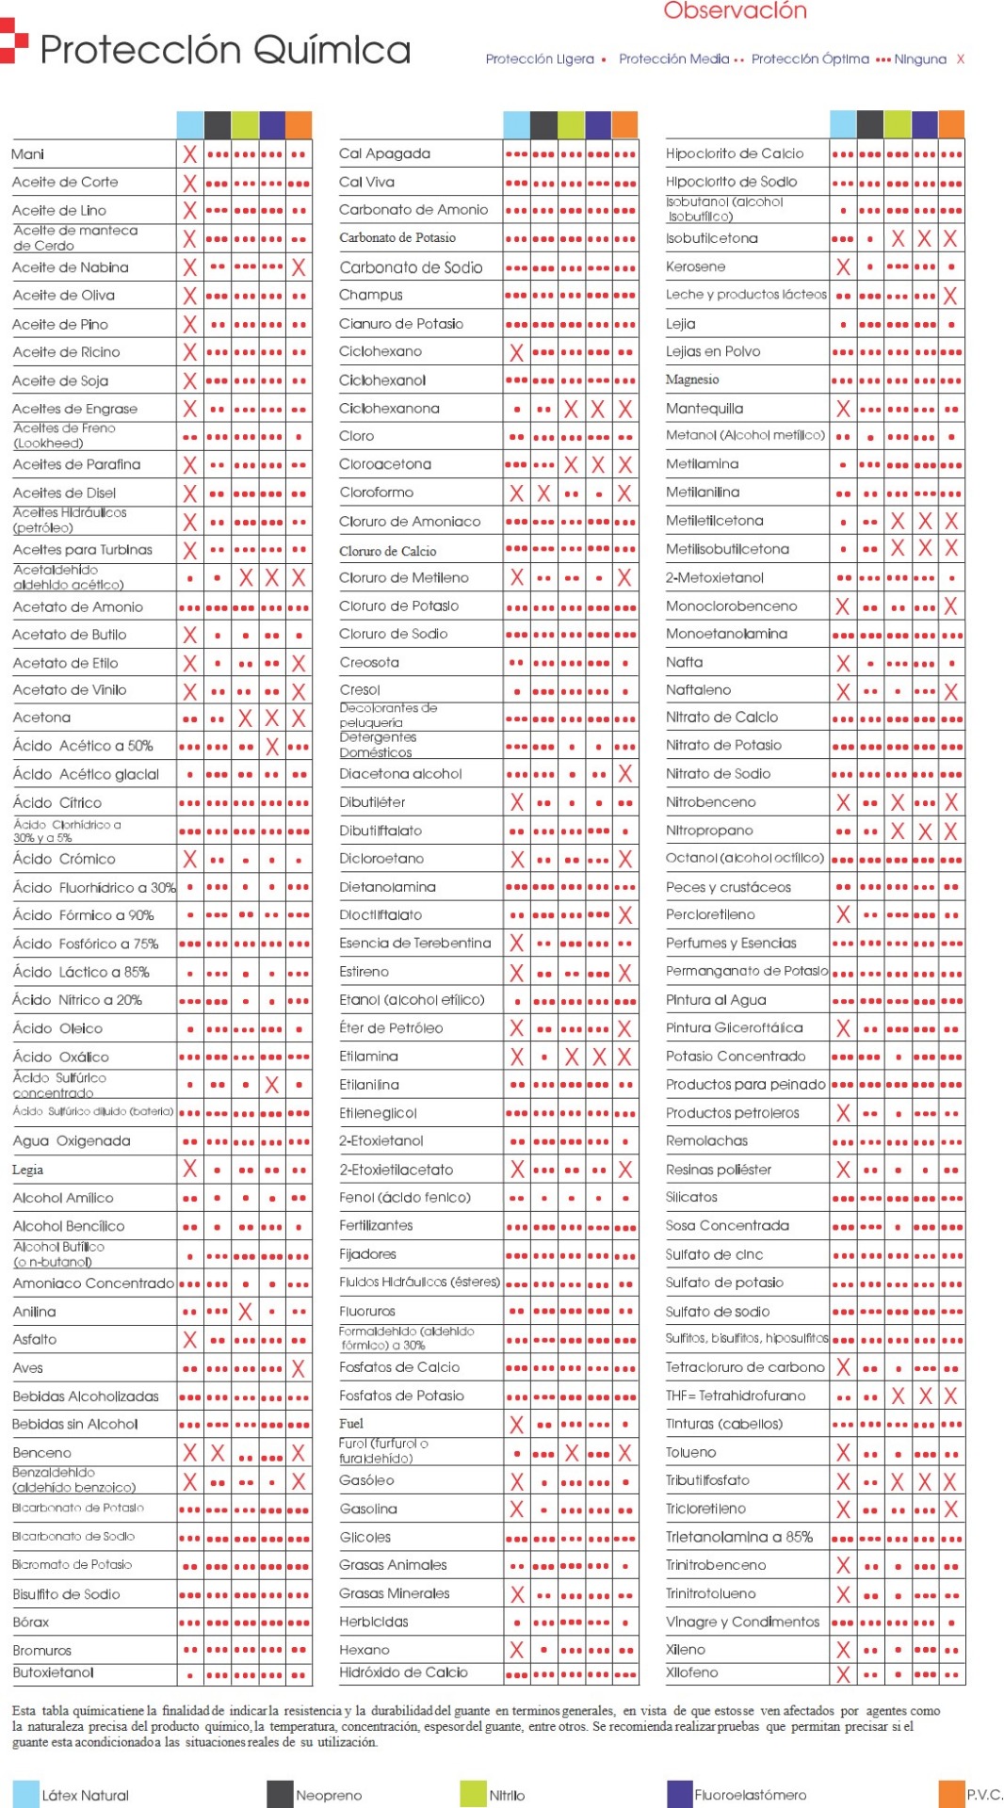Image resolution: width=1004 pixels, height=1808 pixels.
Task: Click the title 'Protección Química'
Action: (x=225, y=49)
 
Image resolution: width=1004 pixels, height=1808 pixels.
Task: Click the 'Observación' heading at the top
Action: (x=735, y=11)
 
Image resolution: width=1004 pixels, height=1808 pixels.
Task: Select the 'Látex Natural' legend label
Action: (x=85, y=1795)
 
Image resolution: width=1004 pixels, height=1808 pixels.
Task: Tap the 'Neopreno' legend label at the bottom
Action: (x=329, y=1795)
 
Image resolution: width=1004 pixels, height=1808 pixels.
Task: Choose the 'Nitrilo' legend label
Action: (x=507, y=1795)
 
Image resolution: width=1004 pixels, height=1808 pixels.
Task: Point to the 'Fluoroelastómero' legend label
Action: (x=750, y=1795)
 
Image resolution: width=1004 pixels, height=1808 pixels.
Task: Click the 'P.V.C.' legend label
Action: (x=984, y=1794)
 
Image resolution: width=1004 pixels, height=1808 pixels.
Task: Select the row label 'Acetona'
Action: (x=41, y=718)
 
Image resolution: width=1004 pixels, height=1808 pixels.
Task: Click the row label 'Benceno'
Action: (x=41, y=1452)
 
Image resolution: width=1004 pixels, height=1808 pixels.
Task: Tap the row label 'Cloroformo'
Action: (x=376, y=492)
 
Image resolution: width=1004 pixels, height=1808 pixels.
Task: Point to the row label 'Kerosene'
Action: (x=695, y=266)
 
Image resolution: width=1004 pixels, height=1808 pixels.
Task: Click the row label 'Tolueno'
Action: (x=690, y=1452)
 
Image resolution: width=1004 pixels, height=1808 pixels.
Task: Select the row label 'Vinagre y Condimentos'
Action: (x=742, y=1622)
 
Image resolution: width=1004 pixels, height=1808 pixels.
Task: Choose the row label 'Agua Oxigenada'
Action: (x=72, y=1141)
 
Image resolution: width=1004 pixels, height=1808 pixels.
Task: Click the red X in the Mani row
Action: (x=189, y=154)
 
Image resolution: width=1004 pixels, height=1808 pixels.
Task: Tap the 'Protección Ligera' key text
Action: (x=540, y=58)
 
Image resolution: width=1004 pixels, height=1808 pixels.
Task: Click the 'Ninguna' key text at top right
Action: (x=919, y=58)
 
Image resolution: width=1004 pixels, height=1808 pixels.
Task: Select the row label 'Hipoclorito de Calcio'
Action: (x=734, y=153)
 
